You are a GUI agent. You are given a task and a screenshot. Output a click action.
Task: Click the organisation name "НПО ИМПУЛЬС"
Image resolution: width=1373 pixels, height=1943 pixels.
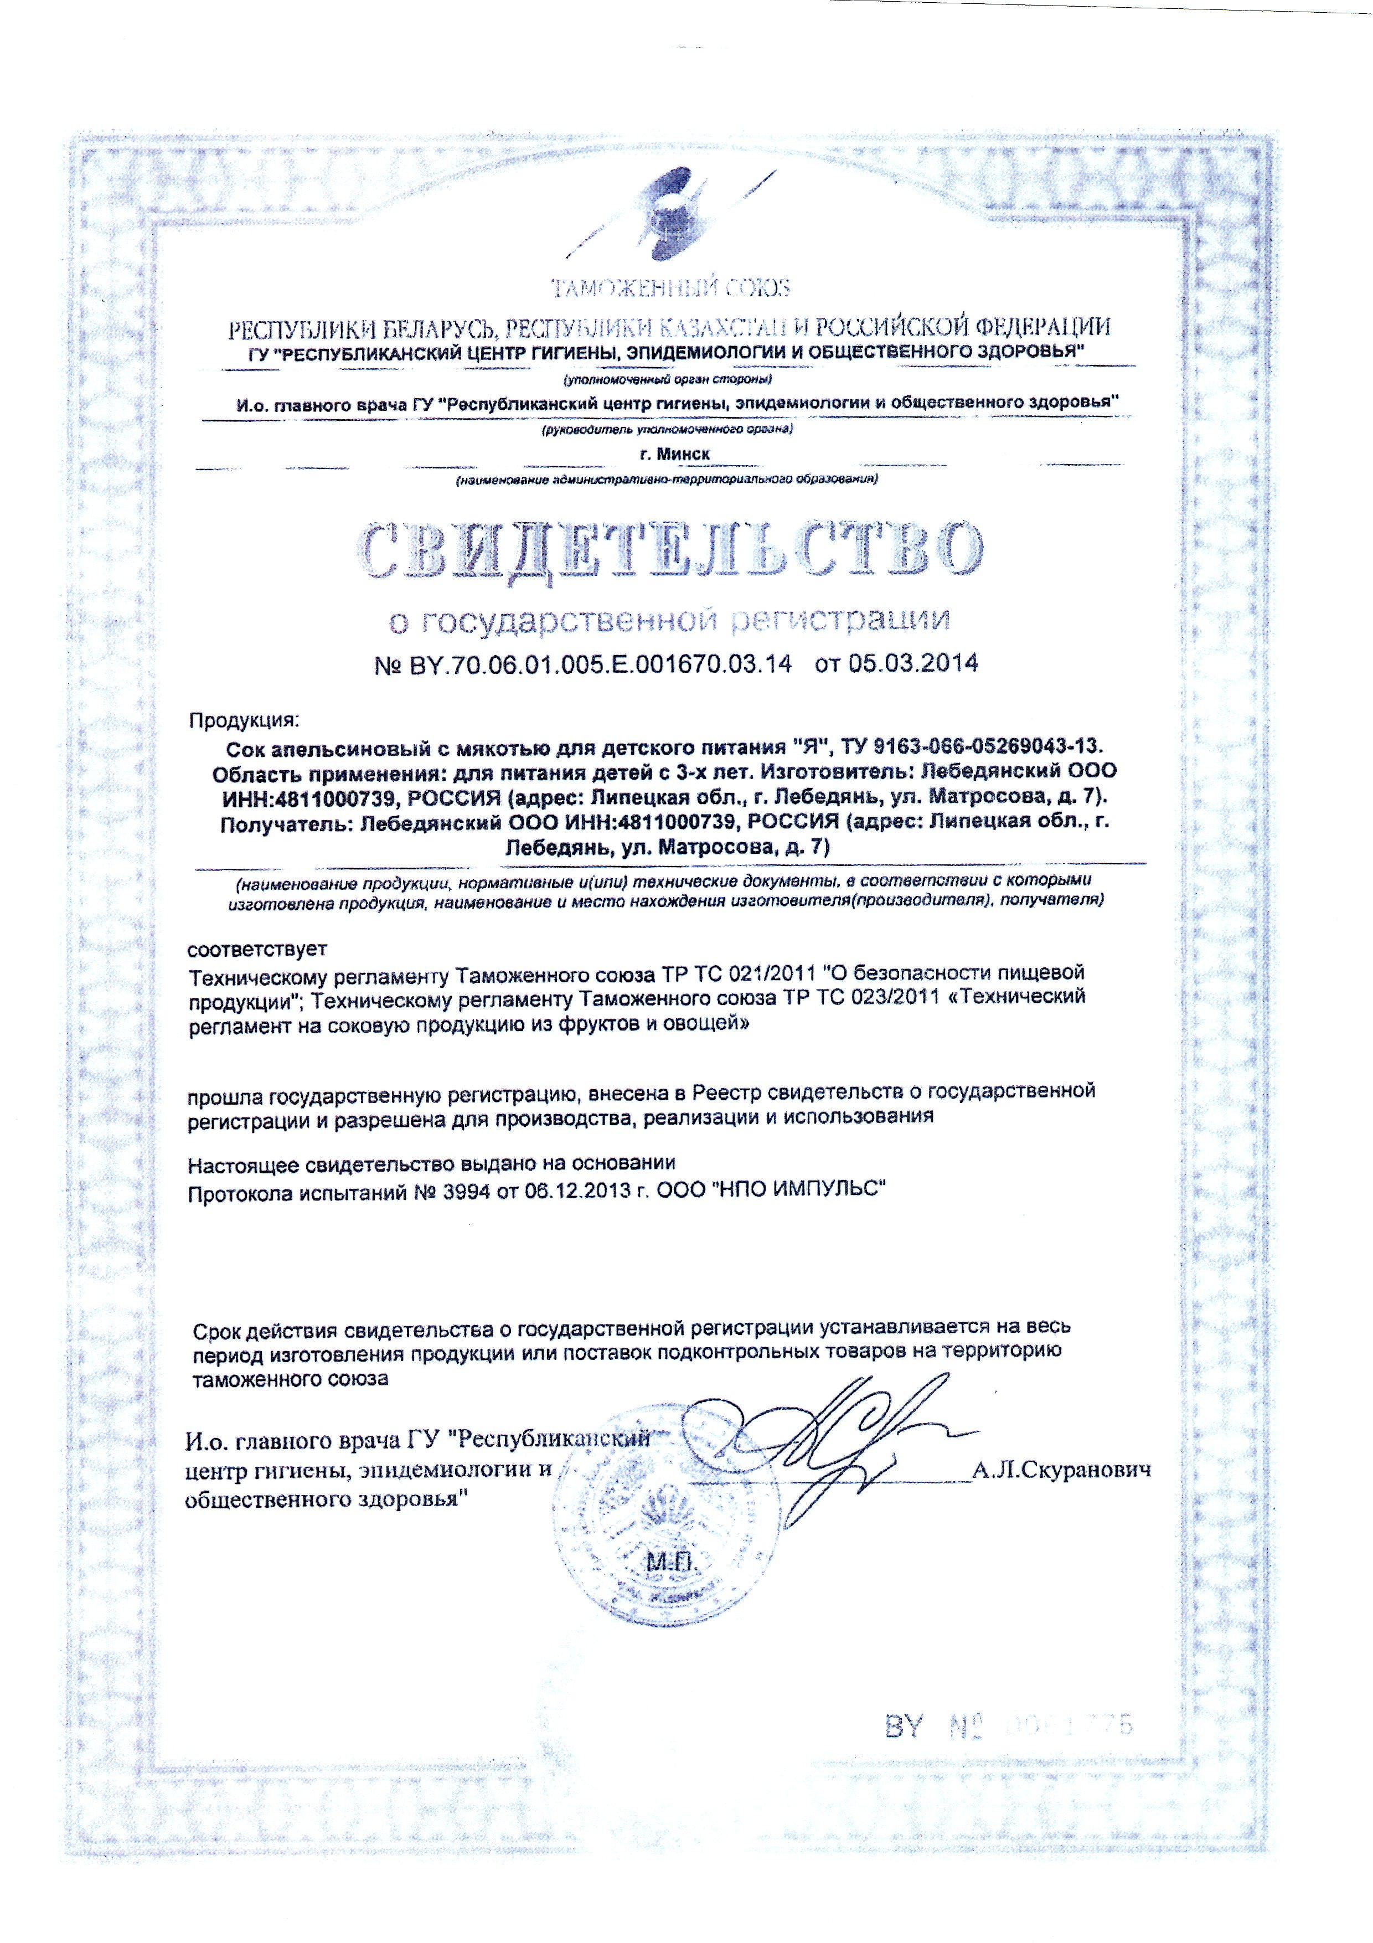pyautogui.click(x=801, y=1192)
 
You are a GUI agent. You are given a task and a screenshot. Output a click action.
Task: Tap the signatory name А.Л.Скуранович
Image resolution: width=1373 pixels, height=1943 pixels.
pyautogui.click(x=1062, y=1471)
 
